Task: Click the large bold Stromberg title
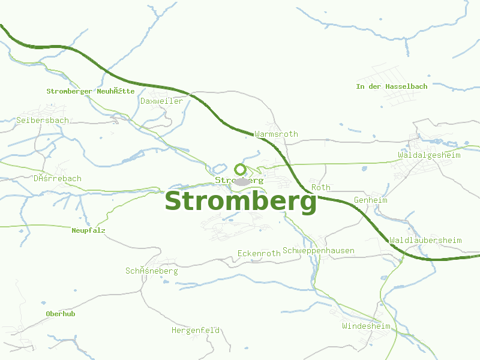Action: [241, 202]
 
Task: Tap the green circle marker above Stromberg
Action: [240, 169]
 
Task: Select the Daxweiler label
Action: [161, 101]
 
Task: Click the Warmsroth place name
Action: [276, 134]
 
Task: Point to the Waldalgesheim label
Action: [429, 155]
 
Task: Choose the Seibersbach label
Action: [42, 120]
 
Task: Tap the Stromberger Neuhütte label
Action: [91, 91]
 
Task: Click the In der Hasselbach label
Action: [392, 86]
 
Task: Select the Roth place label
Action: [321, 187]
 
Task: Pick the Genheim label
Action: [371, 200]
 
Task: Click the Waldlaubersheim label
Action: [425, 240]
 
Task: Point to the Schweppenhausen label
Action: [319, 250]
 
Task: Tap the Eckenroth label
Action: [259, 253]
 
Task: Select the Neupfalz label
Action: [88, 230]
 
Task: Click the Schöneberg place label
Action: [151, 271]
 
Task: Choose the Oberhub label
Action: [61, 314]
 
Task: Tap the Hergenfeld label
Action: [196, 330]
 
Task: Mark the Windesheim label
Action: [366, 326]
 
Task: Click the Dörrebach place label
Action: [57, 178]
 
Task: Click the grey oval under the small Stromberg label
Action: [242, 182]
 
